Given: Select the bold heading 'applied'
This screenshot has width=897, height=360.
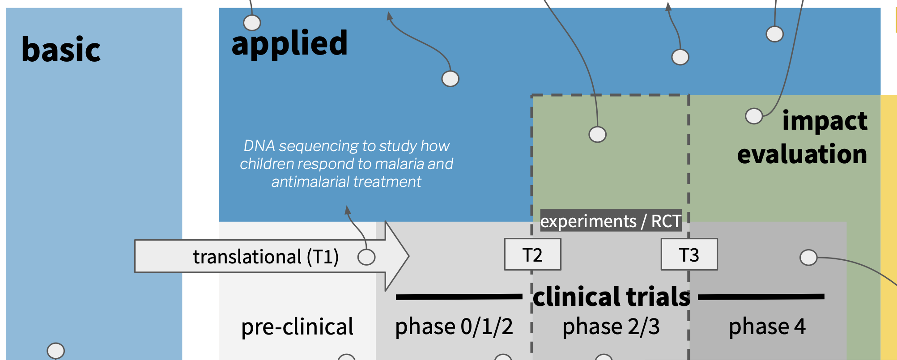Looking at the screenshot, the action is pos(289,43).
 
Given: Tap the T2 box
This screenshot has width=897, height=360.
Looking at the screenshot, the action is pos(532,254).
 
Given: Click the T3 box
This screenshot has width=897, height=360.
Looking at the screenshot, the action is pos(689,254).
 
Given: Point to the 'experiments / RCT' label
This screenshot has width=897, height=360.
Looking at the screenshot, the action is pos(611,221).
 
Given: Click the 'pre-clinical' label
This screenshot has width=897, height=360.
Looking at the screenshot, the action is pos(297,327).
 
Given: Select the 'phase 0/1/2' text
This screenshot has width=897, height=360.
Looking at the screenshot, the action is pos(454,327).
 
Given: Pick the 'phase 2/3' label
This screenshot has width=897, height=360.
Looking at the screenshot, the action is pos(611,327).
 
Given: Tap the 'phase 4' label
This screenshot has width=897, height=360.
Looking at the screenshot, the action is pos(767,327).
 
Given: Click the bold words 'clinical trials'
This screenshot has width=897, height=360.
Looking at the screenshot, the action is pos(611,297).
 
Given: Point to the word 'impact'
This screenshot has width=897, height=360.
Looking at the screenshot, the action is pos(825,121).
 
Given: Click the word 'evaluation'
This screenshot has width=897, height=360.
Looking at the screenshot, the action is pos(802,154).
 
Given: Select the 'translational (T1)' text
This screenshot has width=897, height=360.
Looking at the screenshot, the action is pos(266,257).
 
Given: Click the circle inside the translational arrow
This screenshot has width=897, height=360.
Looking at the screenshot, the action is pos(366,257).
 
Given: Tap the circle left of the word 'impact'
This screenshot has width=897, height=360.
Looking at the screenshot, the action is pos(754,116).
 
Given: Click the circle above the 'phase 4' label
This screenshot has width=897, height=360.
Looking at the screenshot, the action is pos(808,258).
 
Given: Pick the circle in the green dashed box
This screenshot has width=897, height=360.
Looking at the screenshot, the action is pos(597,134).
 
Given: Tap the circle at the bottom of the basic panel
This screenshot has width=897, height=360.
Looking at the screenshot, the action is pos(56,351).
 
